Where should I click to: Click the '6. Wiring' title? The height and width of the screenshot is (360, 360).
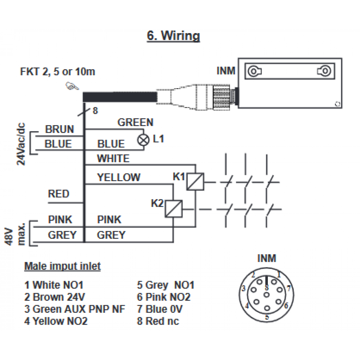174,36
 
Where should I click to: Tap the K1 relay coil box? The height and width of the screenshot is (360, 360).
195,181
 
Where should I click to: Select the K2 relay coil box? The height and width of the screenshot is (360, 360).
174,209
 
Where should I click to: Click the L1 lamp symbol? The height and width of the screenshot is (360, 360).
143,140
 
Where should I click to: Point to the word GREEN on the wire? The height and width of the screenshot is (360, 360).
135,122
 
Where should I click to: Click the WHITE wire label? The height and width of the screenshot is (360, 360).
113,158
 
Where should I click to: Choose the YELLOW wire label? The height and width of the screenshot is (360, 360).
119,177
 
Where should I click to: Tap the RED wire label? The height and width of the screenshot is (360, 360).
59,194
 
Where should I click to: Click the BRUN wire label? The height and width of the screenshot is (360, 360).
59,129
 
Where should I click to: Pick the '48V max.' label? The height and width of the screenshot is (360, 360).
15,234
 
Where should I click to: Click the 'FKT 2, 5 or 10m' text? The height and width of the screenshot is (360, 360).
57,72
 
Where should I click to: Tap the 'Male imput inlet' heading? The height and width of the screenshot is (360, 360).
62,266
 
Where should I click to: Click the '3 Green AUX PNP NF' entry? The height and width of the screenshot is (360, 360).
75,309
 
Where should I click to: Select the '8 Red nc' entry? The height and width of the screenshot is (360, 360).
158,321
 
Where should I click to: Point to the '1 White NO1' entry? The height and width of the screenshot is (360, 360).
54,285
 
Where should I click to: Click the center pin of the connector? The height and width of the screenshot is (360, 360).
266,294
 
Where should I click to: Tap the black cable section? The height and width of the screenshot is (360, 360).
120,97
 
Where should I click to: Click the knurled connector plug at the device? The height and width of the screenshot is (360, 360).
221,97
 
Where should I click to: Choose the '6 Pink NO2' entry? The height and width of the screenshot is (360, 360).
164,297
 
